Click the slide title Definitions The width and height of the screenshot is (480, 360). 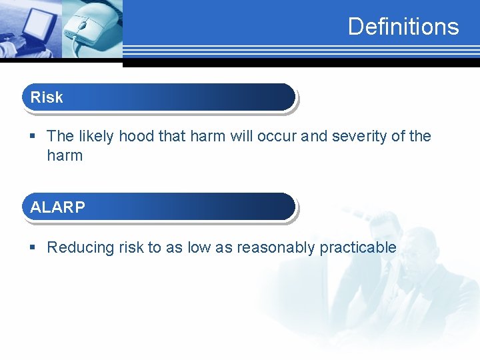click(403, 27)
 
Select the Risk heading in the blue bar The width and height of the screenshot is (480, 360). click(47, 97)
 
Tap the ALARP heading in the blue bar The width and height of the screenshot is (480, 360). click(57, 207)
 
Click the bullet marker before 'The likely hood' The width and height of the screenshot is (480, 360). click(33, 137)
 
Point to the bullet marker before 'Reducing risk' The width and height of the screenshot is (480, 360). click(33, 248)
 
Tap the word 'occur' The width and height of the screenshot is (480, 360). click(276, 137)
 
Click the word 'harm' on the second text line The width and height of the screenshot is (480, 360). click(65, 156)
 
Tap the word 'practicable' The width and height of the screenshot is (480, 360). click(358, 248)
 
